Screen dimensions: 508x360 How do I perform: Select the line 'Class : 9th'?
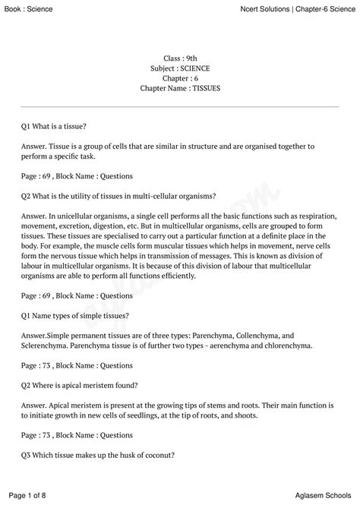coord(180,58)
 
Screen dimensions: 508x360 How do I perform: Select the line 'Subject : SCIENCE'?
coord(180,68)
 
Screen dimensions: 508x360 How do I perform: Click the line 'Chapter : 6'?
coord(180,78)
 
